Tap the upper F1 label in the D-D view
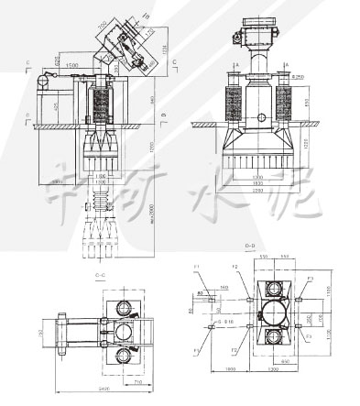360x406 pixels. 198,266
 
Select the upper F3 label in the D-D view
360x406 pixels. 311,277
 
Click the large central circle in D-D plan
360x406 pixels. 274,317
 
